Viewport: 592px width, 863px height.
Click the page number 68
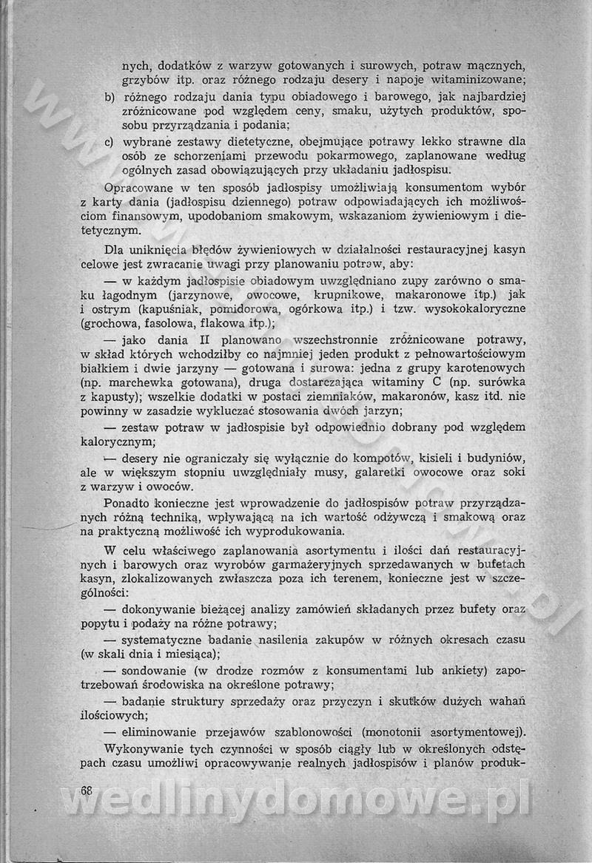coord(86,790)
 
